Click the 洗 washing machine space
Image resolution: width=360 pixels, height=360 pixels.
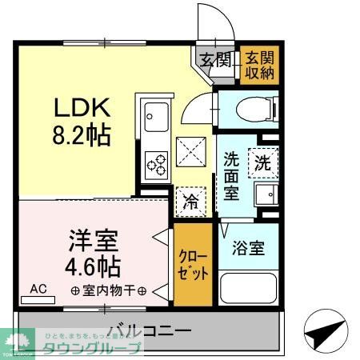click(262, 162)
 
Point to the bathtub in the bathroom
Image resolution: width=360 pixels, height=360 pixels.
click(249, 287)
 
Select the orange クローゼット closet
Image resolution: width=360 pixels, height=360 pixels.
click(194, 266)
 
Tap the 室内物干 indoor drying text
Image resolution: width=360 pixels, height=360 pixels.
click(108, 290)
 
